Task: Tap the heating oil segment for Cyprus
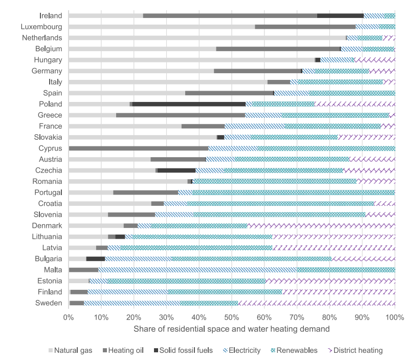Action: point(138,148)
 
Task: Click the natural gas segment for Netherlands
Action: point(207,37)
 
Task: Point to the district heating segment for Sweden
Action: point(317,303)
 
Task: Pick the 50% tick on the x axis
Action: point(232,317)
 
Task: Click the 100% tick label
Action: point(394,317)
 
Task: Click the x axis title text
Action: point(231,329)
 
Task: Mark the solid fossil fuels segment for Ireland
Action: point(340,15)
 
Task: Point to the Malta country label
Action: point(53,269)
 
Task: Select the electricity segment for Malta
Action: point(197,269)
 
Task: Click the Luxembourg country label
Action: point(42,26)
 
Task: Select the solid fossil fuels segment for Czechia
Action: point(177,170)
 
